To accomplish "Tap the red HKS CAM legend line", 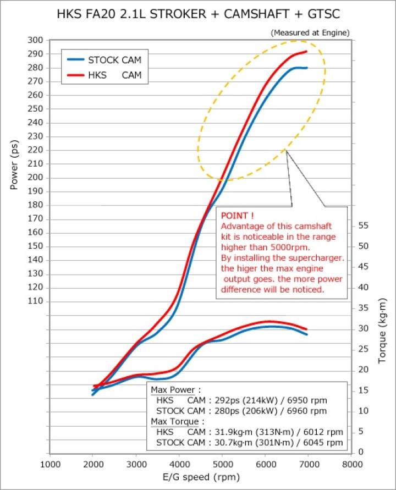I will coord(76,76).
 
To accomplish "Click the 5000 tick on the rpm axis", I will coord(222,464).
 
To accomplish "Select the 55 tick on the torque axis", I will coord(364,225).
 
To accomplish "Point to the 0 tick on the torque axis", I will coord(360,452).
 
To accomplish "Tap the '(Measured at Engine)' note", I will coord(310,32).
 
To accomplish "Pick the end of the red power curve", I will coord(306,51).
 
